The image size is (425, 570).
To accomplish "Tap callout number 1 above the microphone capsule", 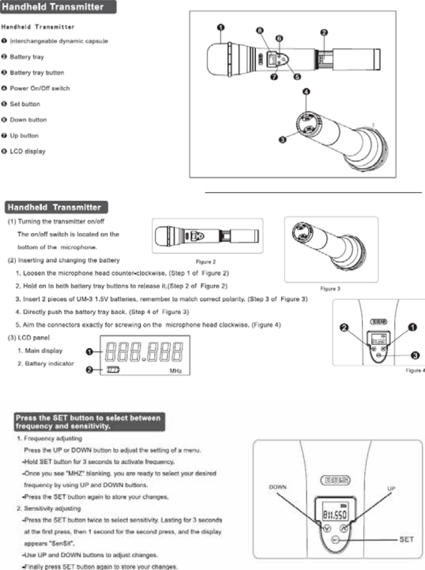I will [220, 26].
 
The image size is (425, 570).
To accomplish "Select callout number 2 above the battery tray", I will [325, 33].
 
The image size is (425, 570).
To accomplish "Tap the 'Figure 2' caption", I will [204, 261].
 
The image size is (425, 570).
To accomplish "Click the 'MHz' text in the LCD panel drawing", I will [176, 371].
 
